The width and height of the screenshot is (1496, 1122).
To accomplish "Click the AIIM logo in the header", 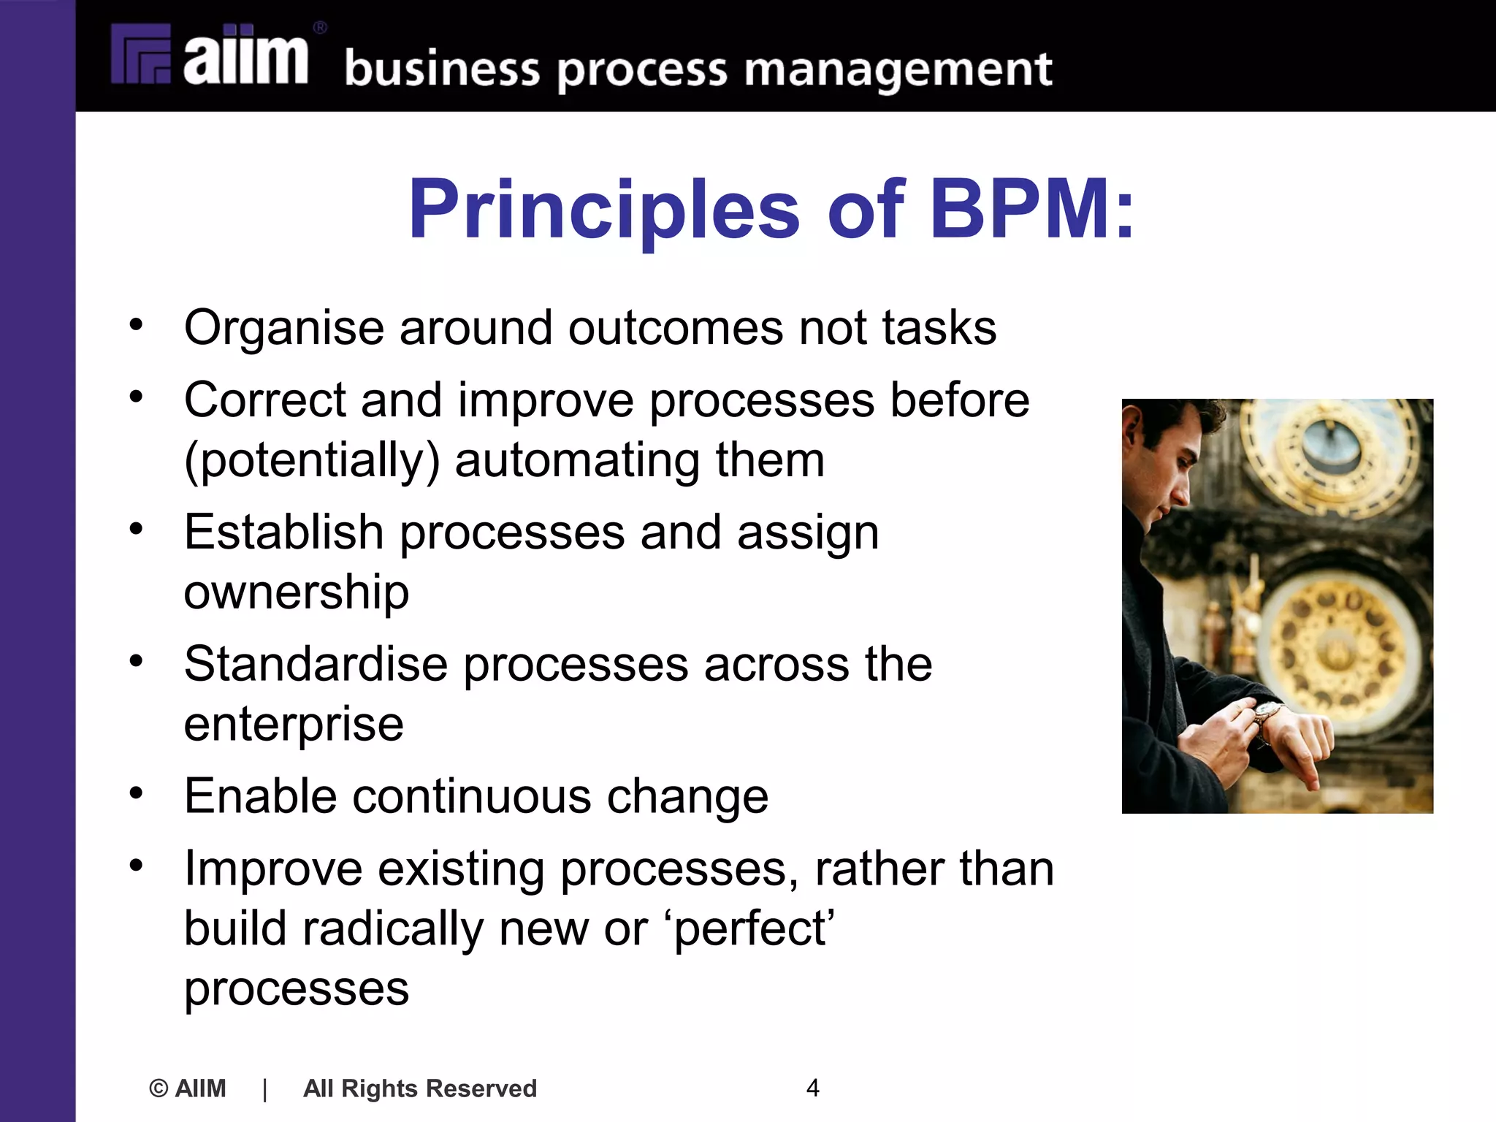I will pos(210,56).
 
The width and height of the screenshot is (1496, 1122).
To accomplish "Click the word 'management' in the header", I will pos(898,71).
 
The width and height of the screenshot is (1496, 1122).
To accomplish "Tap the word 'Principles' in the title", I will pos(604,210).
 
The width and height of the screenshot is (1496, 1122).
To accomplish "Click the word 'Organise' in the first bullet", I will pos(283,328).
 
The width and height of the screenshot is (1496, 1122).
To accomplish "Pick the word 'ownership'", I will pos(296,592).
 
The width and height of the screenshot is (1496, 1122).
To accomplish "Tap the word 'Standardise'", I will pos(316,665).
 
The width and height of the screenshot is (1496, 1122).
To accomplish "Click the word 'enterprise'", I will pos(294,725).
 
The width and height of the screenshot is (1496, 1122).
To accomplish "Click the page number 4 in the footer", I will pos(812,1088).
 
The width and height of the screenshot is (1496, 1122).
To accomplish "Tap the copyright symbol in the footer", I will pos(158,1088).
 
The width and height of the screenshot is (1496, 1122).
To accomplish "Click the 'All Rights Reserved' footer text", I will pos(420,1088).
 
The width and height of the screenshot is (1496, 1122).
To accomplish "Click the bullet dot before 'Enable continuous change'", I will pos(136,793).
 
